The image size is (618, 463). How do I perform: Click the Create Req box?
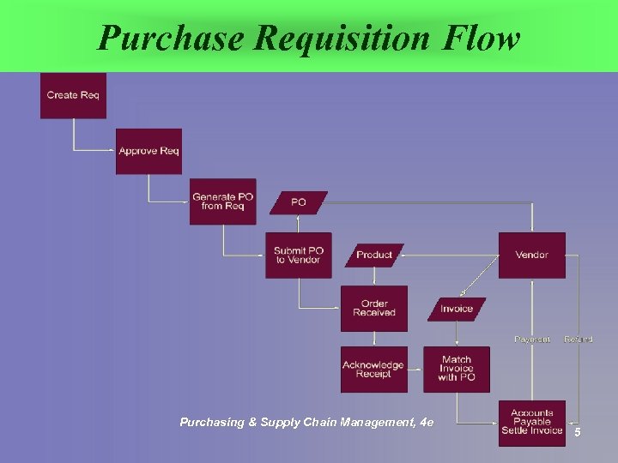point(73,95)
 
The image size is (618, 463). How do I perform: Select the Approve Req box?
point(148,151)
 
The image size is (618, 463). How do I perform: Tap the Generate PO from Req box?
point(223,201)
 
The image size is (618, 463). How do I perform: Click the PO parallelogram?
point(299,202)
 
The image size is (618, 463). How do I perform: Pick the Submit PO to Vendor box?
point(299,255)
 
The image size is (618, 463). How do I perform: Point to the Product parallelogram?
point(374,255)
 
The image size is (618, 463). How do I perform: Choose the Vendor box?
point(532,255)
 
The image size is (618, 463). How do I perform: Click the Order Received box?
point(374,308)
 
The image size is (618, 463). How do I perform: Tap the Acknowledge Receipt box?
point(374,370)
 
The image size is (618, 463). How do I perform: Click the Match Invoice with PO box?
point(457,370)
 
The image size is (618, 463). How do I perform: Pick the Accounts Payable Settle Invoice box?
point(532,423)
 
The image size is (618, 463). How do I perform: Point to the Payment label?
point(532,340)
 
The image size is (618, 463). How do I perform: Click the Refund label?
point(579,340)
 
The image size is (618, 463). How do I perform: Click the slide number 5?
point(578,432)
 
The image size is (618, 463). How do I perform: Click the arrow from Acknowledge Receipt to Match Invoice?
point(415,370)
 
